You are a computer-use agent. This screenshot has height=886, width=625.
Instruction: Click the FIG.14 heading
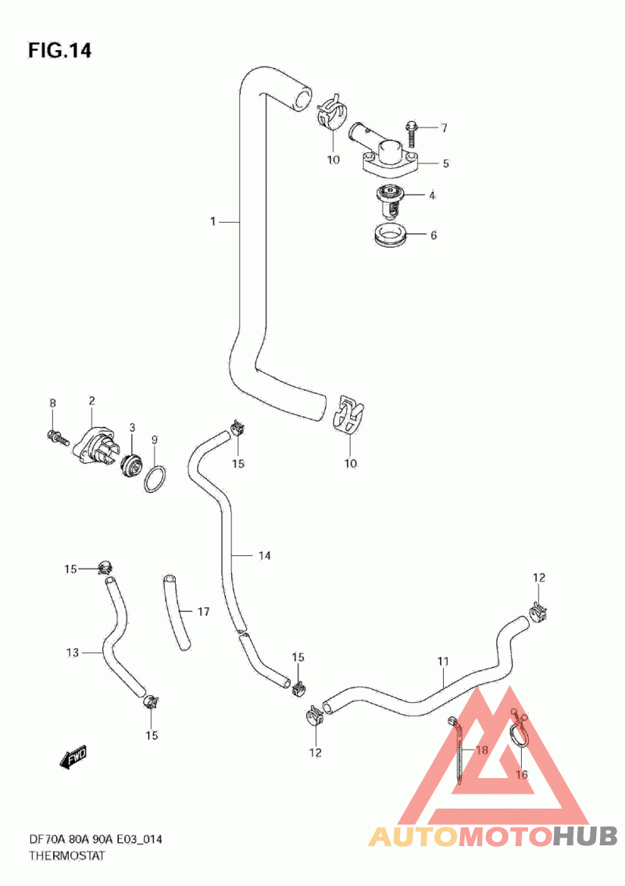(x=60, y=51)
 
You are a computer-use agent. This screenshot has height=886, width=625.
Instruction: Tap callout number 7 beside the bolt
(x=444, y=127)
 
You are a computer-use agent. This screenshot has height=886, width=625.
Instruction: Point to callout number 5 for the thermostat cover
(x=445, y=163)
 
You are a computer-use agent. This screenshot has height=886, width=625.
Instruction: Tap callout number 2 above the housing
(x=91, y=401)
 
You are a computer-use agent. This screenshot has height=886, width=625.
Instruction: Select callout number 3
(x=133, y=427)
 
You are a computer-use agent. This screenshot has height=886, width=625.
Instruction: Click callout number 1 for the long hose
(x=212, y=222)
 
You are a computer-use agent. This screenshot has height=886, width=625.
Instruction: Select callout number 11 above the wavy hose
(x=443, y=662)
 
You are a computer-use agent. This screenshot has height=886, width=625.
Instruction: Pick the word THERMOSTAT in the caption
(x=66, y=856)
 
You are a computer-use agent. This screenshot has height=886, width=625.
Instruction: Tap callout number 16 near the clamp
(x=521, y=775)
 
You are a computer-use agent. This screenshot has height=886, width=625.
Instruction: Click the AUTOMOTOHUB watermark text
(x=493, y=836)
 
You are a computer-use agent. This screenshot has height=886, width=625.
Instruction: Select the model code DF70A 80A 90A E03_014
(x=95, y=840)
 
